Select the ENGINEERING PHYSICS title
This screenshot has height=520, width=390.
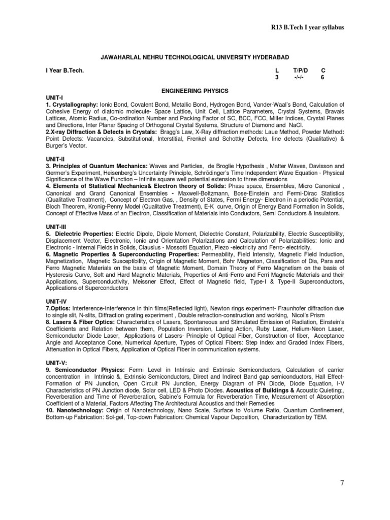(x=195, y=90)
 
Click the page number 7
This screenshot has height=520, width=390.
(x=342, y=482)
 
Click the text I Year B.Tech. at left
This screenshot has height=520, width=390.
(x=64, y=70)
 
